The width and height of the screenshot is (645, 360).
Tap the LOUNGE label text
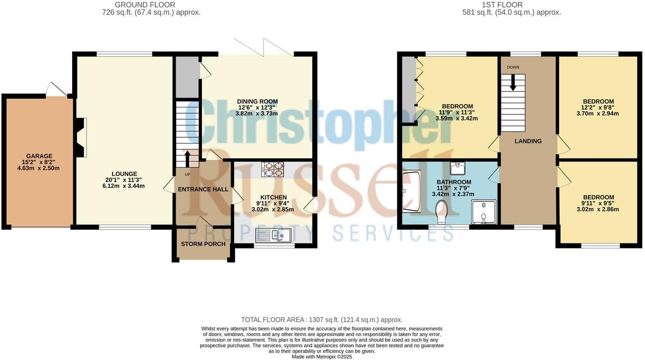(x=124, y=174)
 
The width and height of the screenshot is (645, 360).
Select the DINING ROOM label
(x=257, y=101)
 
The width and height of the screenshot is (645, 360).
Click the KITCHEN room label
(x=273, y=198)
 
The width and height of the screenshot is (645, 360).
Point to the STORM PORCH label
(x=203, y=244)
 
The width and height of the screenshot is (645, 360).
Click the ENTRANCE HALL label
(x=203, y=189)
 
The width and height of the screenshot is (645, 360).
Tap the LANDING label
(x=528, y=141)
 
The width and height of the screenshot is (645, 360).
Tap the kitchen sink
(x=272, y=234)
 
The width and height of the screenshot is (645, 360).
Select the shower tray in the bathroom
(x=484, y=212)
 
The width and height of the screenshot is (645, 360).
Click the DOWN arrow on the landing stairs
(x=513, y=83)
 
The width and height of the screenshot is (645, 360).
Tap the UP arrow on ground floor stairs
(x=187, y=159)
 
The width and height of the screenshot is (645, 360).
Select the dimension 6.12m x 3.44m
(x=124, y=186)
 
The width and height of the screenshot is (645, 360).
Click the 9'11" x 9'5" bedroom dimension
(x=598, y=204)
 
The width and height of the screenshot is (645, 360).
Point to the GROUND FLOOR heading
(x=138, y=5)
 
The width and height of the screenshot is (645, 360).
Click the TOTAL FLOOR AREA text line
(x=321, y=319)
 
